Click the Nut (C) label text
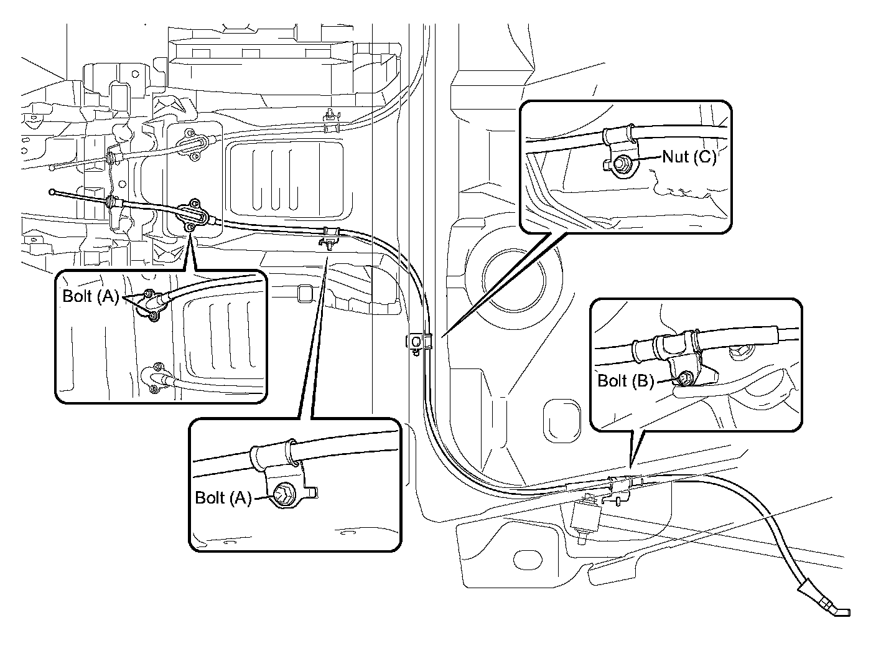pos(689,157)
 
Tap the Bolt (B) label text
pos(625,381)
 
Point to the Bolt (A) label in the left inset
pos(90,296)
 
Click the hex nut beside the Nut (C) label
pos(621,164)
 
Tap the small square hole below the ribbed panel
pos(304,294)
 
